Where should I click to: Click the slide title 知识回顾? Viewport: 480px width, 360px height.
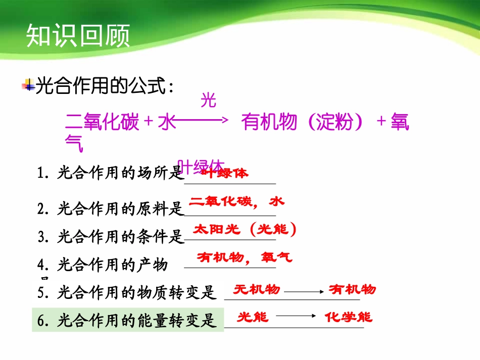tap(78, 36)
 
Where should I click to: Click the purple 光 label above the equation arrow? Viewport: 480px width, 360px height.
tap(208, 100)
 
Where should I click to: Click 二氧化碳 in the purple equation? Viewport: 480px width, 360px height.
tap(103, 122)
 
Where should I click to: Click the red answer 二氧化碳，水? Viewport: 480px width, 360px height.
tap(236, 202)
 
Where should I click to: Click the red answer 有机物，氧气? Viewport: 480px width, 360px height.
tap(244, 258)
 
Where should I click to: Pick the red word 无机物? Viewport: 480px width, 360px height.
tap(256, 289)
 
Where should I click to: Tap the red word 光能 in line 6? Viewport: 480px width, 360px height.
tap(253, 317)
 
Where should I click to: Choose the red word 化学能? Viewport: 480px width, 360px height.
tap(348, 317)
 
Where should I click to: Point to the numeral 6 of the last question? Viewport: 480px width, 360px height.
tap(42, 321)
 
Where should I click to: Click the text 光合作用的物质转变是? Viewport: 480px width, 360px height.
tap(137, 292)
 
